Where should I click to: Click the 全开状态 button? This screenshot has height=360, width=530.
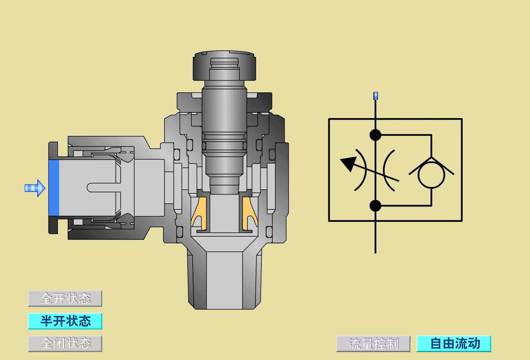pos(65,298)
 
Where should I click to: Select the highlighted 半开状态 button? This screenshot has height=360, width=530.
pos(65,321)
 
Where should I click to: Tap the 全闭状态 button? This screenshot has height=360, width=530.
pos(65,343)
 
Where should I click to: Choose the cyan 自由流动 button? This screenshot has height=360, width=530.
pos(454,343)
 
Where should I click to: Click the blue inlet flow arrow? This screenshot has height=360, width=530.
pos(35,188)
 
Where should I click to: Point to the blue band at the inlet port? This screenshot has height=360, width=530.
pos(54,188)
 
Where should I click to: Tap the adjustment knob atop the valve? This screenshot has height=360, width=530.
pos(224,65)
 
